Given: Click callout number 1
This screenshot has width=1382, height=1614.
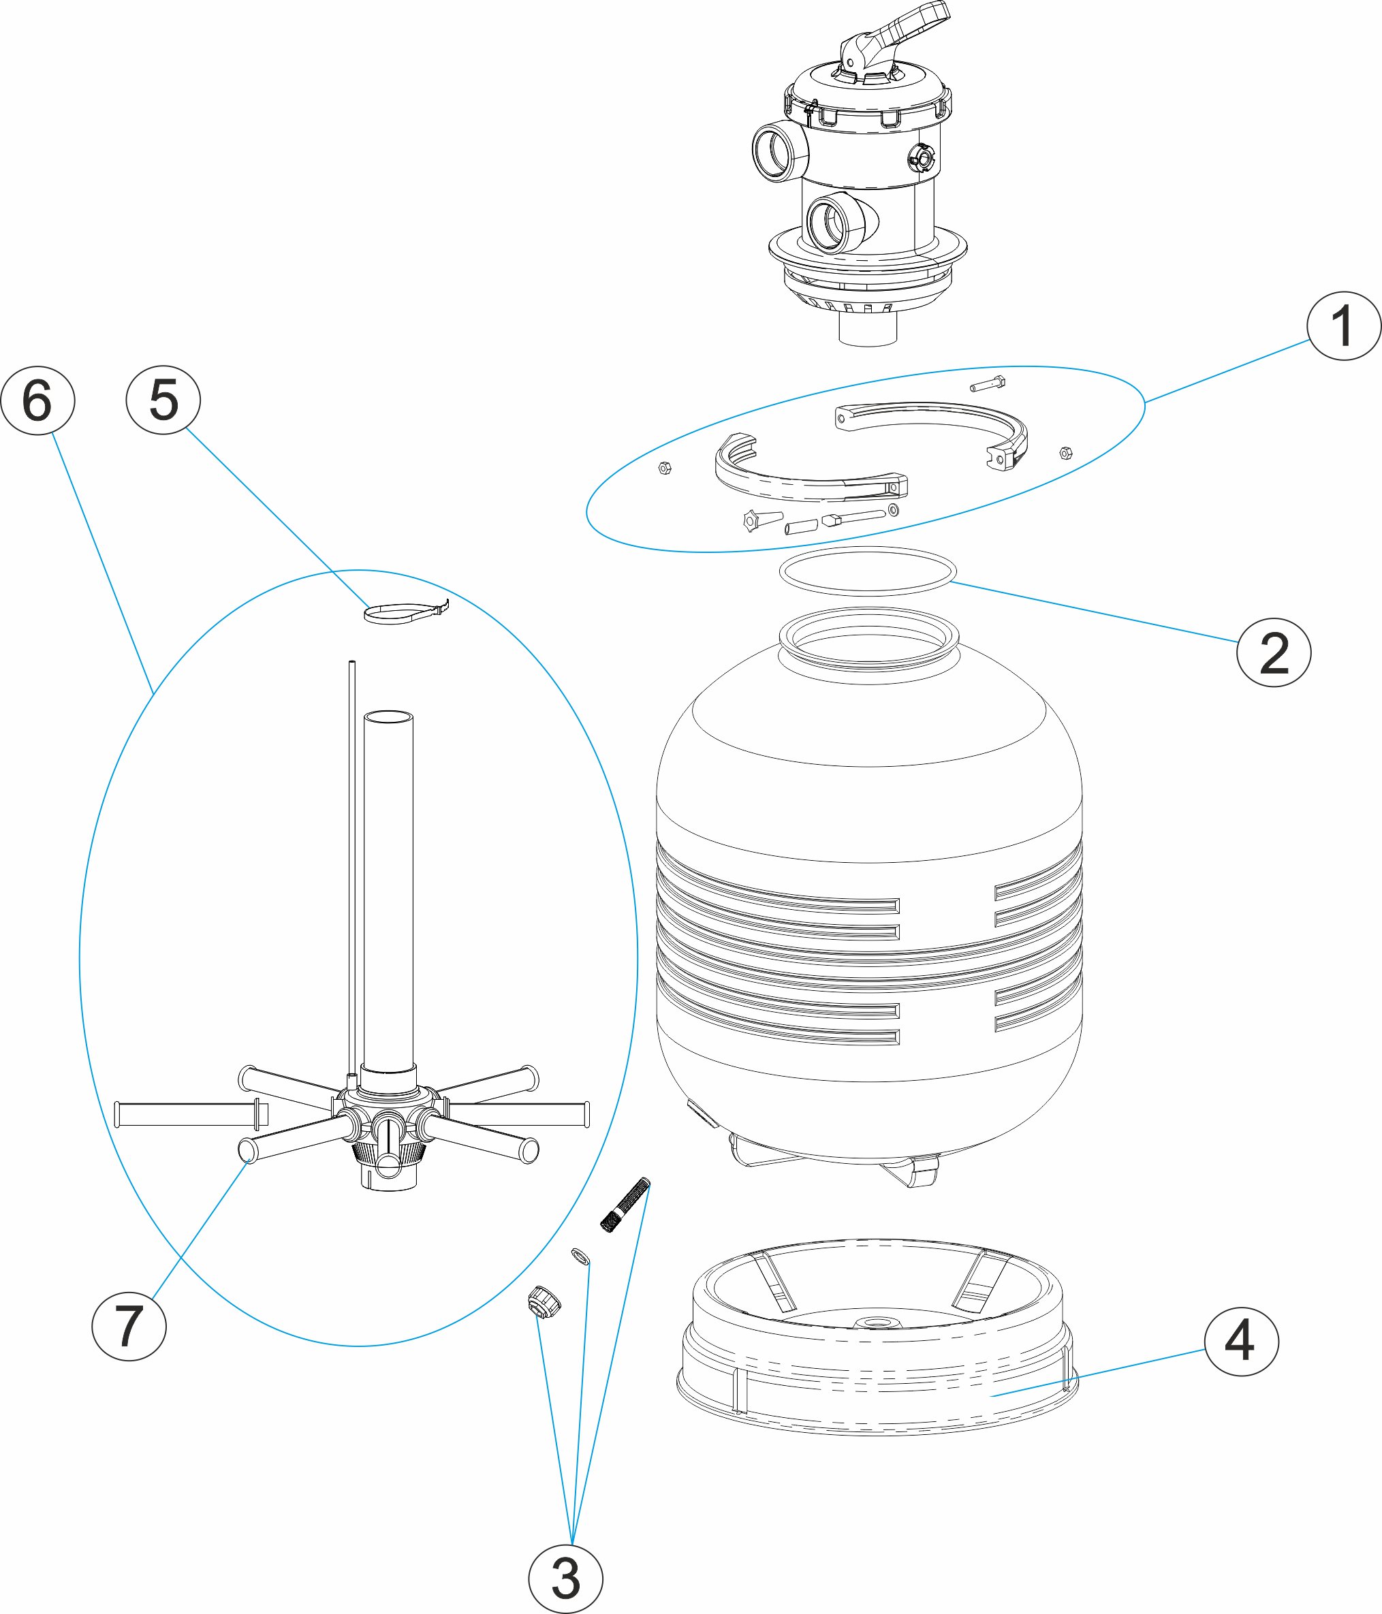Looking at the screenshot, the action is pos(1343,326).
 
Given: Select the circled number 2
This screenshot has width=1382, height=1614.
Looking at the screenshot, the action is pos(1274,653).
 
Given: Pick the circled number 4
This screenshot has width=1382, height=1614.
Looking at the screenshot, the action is pos(1241,1342).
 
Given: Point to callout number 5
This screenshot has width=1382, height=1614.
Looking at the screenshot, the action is pos(163,400).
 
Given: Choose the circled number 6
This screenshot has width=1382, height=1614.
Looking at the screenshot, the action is pos(37,400).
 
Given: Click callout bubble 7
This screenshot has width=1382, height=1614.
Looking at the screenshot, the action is pos(129,1326).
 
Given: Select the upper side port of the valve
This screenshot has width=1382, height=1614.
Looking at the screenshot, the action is pos(777,152).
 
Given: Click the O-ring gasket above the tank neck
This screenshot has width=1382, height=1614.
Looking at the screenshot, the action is pos(868,571).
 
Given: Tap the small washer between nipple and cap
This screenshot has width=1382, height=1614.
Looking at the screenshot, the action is pos(580,1257).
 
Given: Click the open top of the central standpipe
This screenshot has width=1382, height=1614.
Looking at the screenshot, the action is pos(388,716).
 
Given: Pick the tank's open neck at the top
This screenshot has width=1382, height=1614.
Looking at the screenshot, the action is pos(868,639).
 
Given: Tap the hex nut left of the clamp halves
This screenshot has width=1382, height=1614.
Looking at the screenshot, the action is pos(665,467).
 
